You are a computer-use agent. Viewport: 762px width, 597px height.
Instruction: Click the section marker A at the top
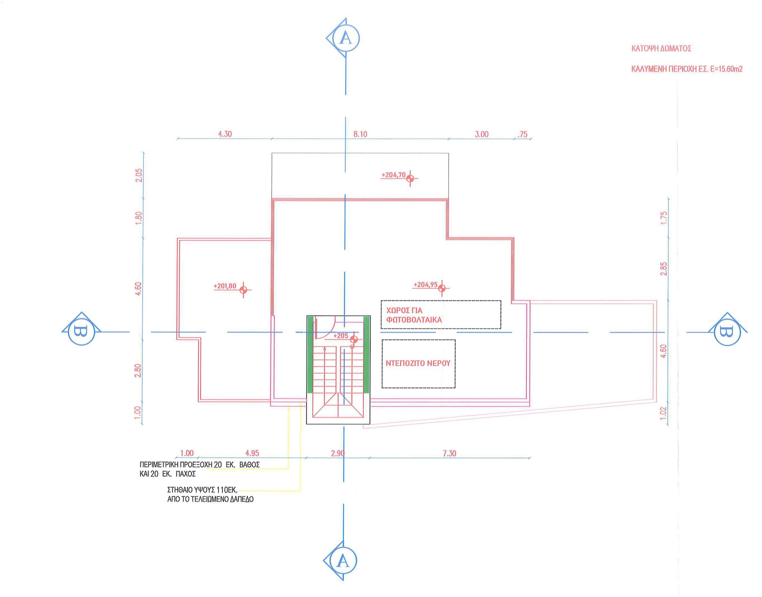344,38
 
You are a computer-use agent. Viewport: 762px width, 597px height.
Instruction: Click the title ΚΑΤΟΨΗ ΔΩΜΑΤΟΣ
661,49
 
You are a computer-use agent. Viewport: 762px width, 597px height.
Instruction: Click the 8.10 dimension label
360,134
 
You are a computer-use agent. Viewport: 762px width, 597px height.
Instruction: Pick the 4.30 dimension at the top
225,134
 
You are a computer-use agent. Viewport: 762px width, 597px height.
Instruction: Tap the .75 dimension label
522,134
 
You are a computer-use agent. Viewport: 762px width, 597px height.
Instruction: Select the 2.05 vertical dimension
139,175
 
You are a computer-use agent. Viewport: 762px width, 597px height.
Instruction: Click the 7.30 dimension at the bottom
449,453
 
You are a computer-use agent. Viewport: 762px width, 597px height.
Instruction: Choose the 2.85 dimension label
664,269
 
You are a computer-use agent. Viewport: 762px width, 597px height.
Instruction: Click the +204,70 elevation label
394,175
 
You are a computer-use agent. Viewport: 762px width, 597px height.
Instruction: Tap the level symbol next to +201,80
243,290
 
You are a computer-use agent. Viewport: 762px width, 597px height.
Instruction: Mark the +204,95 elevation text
426,285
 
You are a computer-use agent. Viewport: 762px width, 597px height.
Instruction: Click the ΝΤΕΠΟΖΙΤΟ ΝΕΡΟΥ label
418,363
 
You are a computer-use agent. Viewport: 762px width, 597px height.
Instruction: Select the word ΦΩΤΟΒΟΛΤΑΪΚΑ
414,320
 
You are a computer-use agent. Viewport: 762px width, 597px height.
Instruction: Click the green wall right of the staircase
366,355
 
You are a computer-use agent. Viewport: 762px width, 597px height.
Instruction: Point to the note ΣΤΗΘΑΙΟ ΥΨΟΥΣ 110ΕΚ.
203,490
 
